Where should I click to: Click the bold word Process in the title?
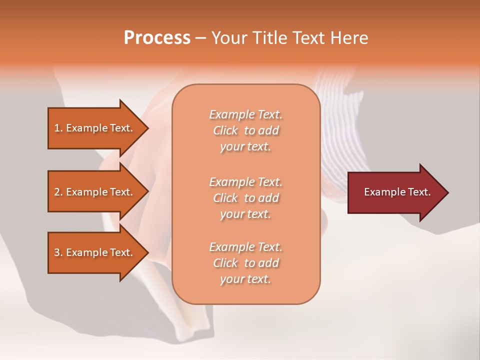coord(157,38)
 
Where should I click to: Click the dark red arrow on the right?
coord(395,192)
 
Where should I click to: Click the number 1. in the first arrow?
coord(58,128)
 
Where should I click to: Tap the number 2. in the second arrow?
coord(58,192)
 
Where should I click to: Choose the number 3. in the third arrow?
coord(58,252)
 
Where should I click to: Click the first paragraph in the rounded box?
coord(246,130)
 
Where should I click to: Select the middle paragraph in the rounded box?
coord(246,198)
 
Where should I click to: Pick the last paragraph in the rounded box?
coord(246,263)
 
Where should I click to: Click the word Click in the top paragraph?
coord(225,130)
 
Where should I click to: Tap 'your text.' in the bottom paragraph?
coord(245,279)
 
